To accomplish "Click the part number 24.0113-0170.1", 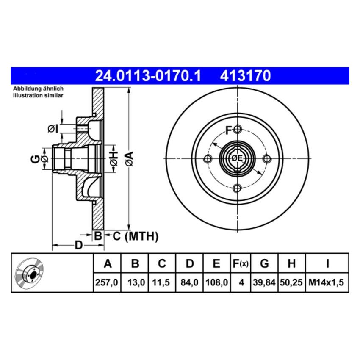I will point(148,76).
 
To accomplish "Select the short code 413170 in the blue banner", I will point(245,76).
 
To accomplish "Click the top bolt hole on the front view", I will point(237,129).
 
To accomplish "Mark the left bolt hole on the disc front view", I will point(208,159).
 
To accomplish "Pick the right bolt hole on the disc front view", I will point(267,159).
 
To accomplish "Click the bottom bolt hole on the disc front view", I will point(237,188).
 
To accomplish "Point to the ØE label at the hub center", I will point(237,158).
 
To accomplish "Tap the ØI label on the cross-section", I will point(53,128).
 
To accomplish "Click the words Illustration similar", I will point(38,96).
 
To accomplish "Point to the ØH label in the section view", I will point(113,158).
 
